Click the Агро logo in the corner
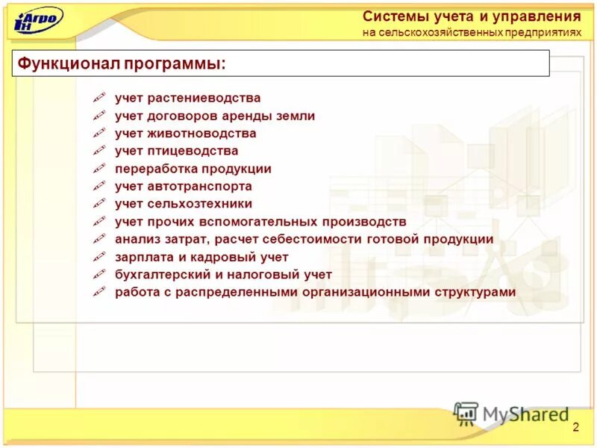pos(38,19)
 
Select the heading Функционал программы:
pos(122,63)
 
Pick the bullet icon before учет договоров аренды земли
pos(99,116)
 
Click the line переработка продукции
pos(193,169)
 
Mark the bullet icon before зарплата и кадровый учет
pos(99,257)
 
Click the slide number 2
pos(575,426)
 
